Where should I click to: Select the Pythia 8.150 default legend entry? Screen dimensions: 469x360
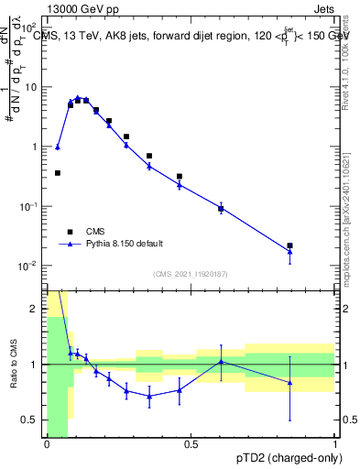click(x=125, y=244)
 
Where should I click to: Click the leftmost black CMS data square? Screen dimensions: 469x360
click(x=58, y=172)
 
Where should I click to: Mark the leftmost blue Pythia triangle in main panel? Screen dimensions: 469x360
click(x=58, y=147)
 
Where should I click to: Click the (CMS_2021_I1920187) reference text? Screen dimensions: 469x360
click(x=190, y=274)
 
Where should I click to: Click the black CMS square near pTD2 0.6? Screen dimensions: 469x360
click(x=221, y=209)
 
